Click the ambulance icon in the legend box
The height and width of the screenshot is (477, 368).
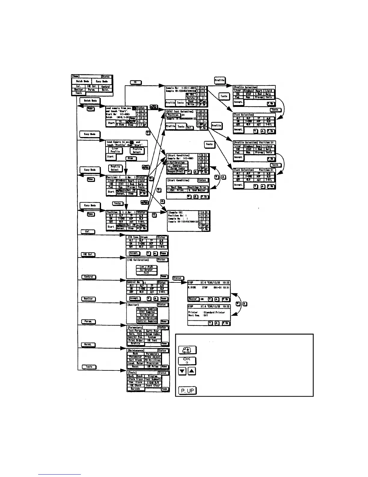pyautogui.click(x=188, y=350)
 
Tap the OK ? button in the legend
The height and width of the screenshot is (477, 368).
pyautogui.click(x=188, y=361)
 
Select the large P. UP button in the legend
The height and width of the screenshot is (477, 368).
pyautogui.click(x=188, y=391)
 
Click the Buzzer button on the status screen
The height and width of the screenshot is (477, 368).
pyautogui.click(x=193, y=299)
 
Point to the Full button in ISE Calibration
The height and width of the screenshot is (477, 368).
pyautogui.click(x=146, y=273)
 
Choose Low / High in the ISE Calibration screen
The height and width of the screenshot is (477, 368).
pyautogui.click(x=146, y=267)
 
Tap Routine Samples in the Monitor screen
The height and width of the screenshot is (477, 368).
pyautogui.click(x=147, y=309)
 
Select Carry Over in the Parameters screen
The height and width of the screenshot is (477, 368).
pyautogui.click(x=152, y=331)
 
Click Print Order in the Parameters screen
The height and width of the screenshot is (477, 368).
pyautogui.click(x=136, y=340)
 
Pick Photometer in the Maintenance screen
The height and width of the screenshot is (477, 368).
pyautogui.click(x=136, y=357)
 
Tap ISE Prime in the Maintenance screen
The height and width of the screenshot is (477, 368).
pyautogui.click(x=152, y=366)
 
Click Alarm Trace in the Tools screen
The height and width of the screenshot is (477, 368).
pyautogui.click(x=136, y=379)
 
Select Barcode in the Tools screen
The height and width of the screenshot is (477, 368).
pyautogui.click(x=136, y=389)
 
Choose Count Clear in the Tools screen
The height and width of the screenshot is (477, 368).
pyautogui.click(x=153, y=385)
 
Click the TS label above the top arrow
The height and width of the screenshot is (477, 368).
pyautogui.click(x=136, y=82)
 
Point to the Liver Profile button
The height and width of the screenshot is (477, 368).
pyautogui.click(x=115, y=150)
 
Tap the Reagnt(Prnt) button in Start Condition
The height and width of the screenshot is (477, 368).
pyautogui.click(x=176, y=172)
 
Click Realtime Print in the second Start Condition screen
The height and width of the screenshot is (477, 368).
pyautogui.click(x=198, y=187)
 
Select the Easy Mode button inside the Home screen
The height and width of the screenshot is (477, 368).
pyautogui.click(x=102, y=81)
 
